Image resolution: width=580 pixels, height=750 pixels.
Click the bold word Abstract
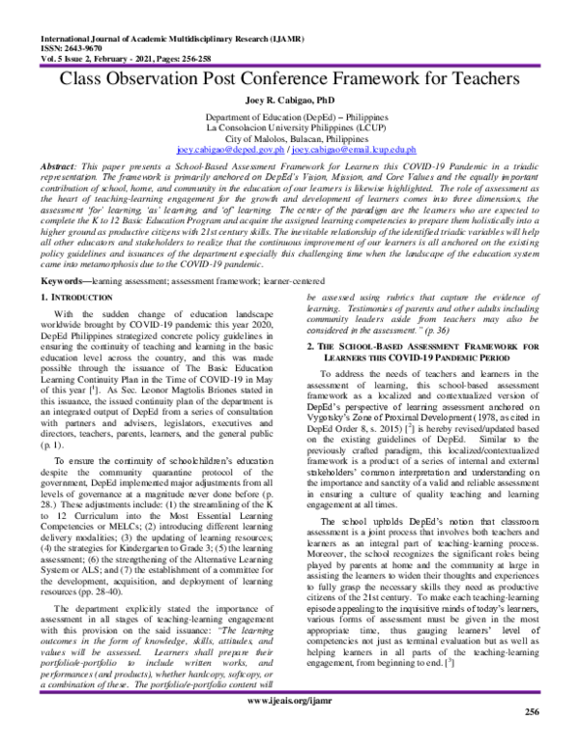click(x=36, y=168)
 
